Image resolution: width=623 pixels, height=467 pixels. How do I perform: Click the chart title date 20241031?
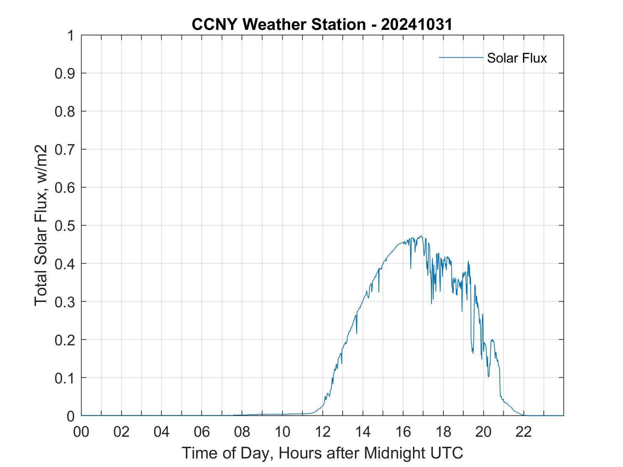417,25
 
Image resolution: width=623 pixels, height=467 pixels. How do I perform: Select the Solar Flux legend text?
517,58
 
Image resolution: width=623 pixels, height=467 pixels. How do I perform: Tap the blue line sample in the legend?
461,57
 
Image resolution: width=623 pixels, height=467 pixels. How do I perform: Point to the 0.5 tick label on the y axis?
64,225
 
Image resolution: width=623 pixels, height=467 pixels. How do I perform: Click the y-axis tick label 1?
70,36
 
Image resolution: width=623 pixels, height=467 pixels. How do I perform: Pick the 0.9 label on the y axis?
64,73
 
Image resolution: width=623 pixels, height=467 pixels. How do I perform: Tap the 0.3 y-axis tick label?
64,302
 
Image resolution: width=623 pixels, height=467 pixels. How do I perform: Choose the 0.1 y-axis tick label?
64,378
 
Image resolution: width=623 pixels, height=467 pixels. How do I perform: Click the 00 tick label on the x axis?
81,432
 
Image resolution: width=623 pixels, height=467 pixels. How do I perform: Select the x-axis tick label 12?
323,432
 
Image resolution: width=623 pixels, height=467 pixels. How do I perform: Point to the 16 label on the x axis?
403,432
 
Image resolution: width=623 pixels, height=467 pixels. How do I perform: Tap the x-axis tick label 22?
524,432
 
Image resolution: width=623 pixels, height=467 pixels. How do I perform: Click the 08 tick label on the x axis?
242,432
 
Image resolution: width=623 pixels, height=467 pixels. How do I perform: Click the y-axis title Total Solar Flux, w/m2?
41,225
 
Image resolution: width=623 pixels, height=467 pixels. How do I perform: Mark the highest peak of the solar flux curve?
421,236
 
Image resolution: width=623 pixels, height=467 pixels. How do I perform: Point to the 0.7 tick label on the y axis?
64,149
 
